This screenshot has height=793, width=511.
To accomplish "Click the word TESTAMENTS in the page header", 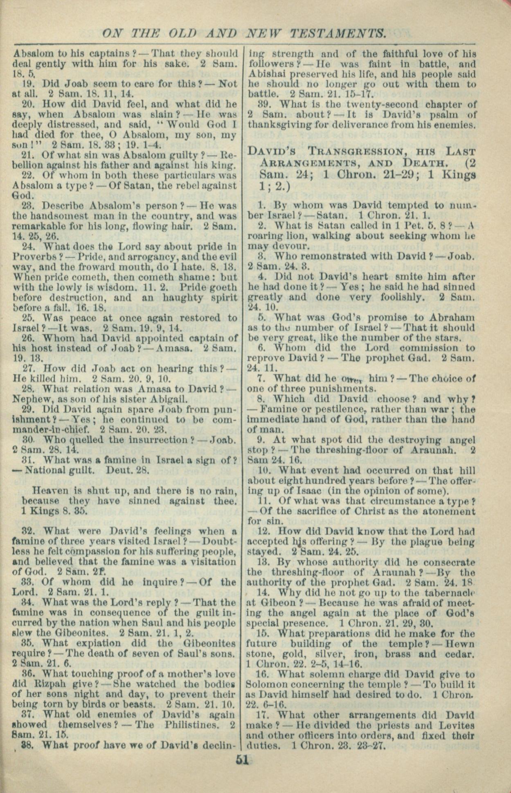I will point(335,33).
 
